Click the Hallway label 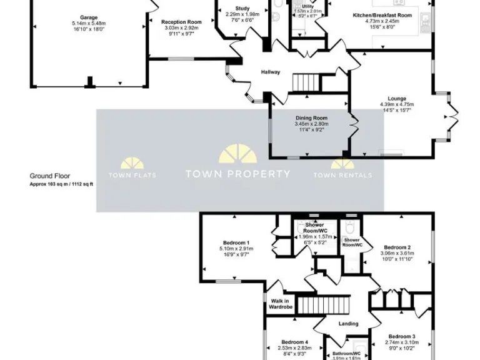click(x=271, y=72)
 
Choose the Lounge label click(x=397, y=99)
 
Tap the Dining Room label click(x=311, y=118)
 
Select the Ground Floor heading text click(x=50, y=176)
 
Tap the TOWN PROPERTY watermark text click(x=237, y=174)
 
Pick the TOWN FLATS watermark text click(x=132, y=176)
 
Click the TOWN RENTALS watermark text click(x=342, y=176)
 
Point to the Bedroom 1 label click(x=236, y=243)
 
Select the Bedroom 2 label click(x=397, y=247)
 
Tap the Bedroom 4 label click(x=295, y=342)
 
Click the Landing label click(x=348, y=324)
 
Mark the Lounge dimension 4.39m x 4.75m click(x=397, y=104)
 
